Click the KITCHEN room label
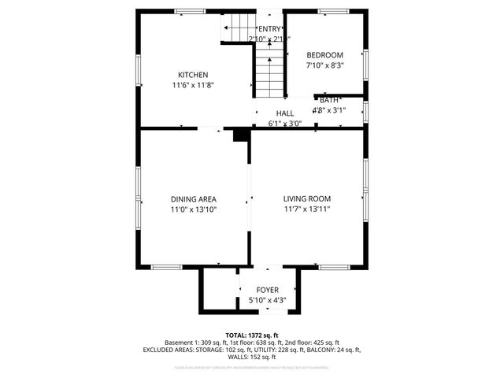[x=193, y=75]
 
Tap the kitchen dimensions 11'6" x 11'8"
[x=193, y=85]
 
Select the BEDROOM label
[x=324, y=54]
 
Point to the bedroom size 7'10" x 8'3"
[x=324, y=65]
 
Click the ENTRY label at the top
[x=269, y=29]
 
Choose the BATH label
[x=329, y=100]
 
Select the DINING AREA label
[x=194, y=199]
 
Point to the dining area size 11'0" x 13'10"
[x=194, y=209]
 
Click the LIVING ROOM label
[x=307, y=199]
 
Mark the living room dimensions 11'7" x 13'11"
[x=307, y=209]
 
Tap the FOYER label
[x=268, y=290]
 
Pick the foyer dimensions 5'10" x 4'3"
[x=268, y=300]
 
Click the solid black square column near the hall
[x=239, y=136]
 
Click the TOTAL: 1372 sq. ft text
[x=252, y=335]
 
